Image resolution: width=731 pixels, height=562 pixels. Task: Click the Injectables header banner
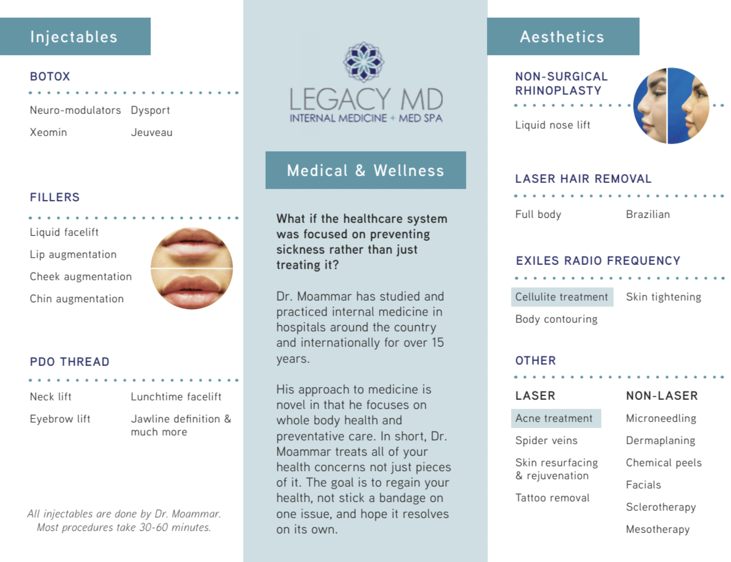click(74, 36)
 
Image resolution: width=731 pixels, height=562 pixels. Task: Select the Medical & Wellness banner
click(365, 170)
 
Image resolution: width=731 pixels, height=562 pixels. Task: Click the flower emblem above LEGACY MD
click(364, 62)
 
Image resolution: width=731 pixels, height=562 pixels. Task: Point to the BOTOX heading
click(50, 77)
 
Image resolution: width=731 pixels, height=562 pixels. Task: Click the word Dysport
click(150, 110)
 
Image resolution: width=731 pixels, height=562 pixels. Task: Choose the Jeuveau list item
click(151, 133)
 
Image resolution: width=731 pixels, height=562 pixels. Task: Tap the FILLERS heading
click(55, 197)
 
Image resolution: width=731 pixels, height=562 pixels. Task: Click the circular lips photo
click(192, 268)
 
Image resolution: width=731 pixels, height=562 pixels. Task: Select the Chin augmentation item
click(77, 299)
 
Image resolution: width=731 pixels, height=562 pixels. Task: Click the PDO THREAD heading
click(70, 362)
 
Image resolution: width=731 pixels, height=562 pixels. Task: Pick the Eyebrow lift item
click(60, 419)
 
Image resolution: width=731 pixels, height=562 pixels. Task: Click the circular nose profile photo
click(671, 106)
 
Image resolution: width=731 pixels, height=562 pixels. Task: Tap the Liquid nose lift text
click(552, 125)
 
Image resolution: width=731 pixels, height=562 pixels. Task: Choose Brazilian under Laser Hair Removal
click(648, 214)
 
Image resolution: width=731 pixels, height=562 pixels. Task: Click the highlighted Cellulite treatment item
click(562, 297)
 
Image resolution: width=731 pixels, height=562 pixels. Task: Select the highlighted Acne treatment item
click(554, 419)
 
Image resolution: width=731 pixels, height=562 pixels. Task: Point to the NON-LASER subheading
click(662, 396)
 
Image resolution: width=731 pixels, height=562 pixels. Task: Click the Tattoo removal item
click(552, 498)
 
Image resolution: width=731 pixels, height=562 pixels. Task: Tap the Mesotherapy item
click(658, 529)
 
